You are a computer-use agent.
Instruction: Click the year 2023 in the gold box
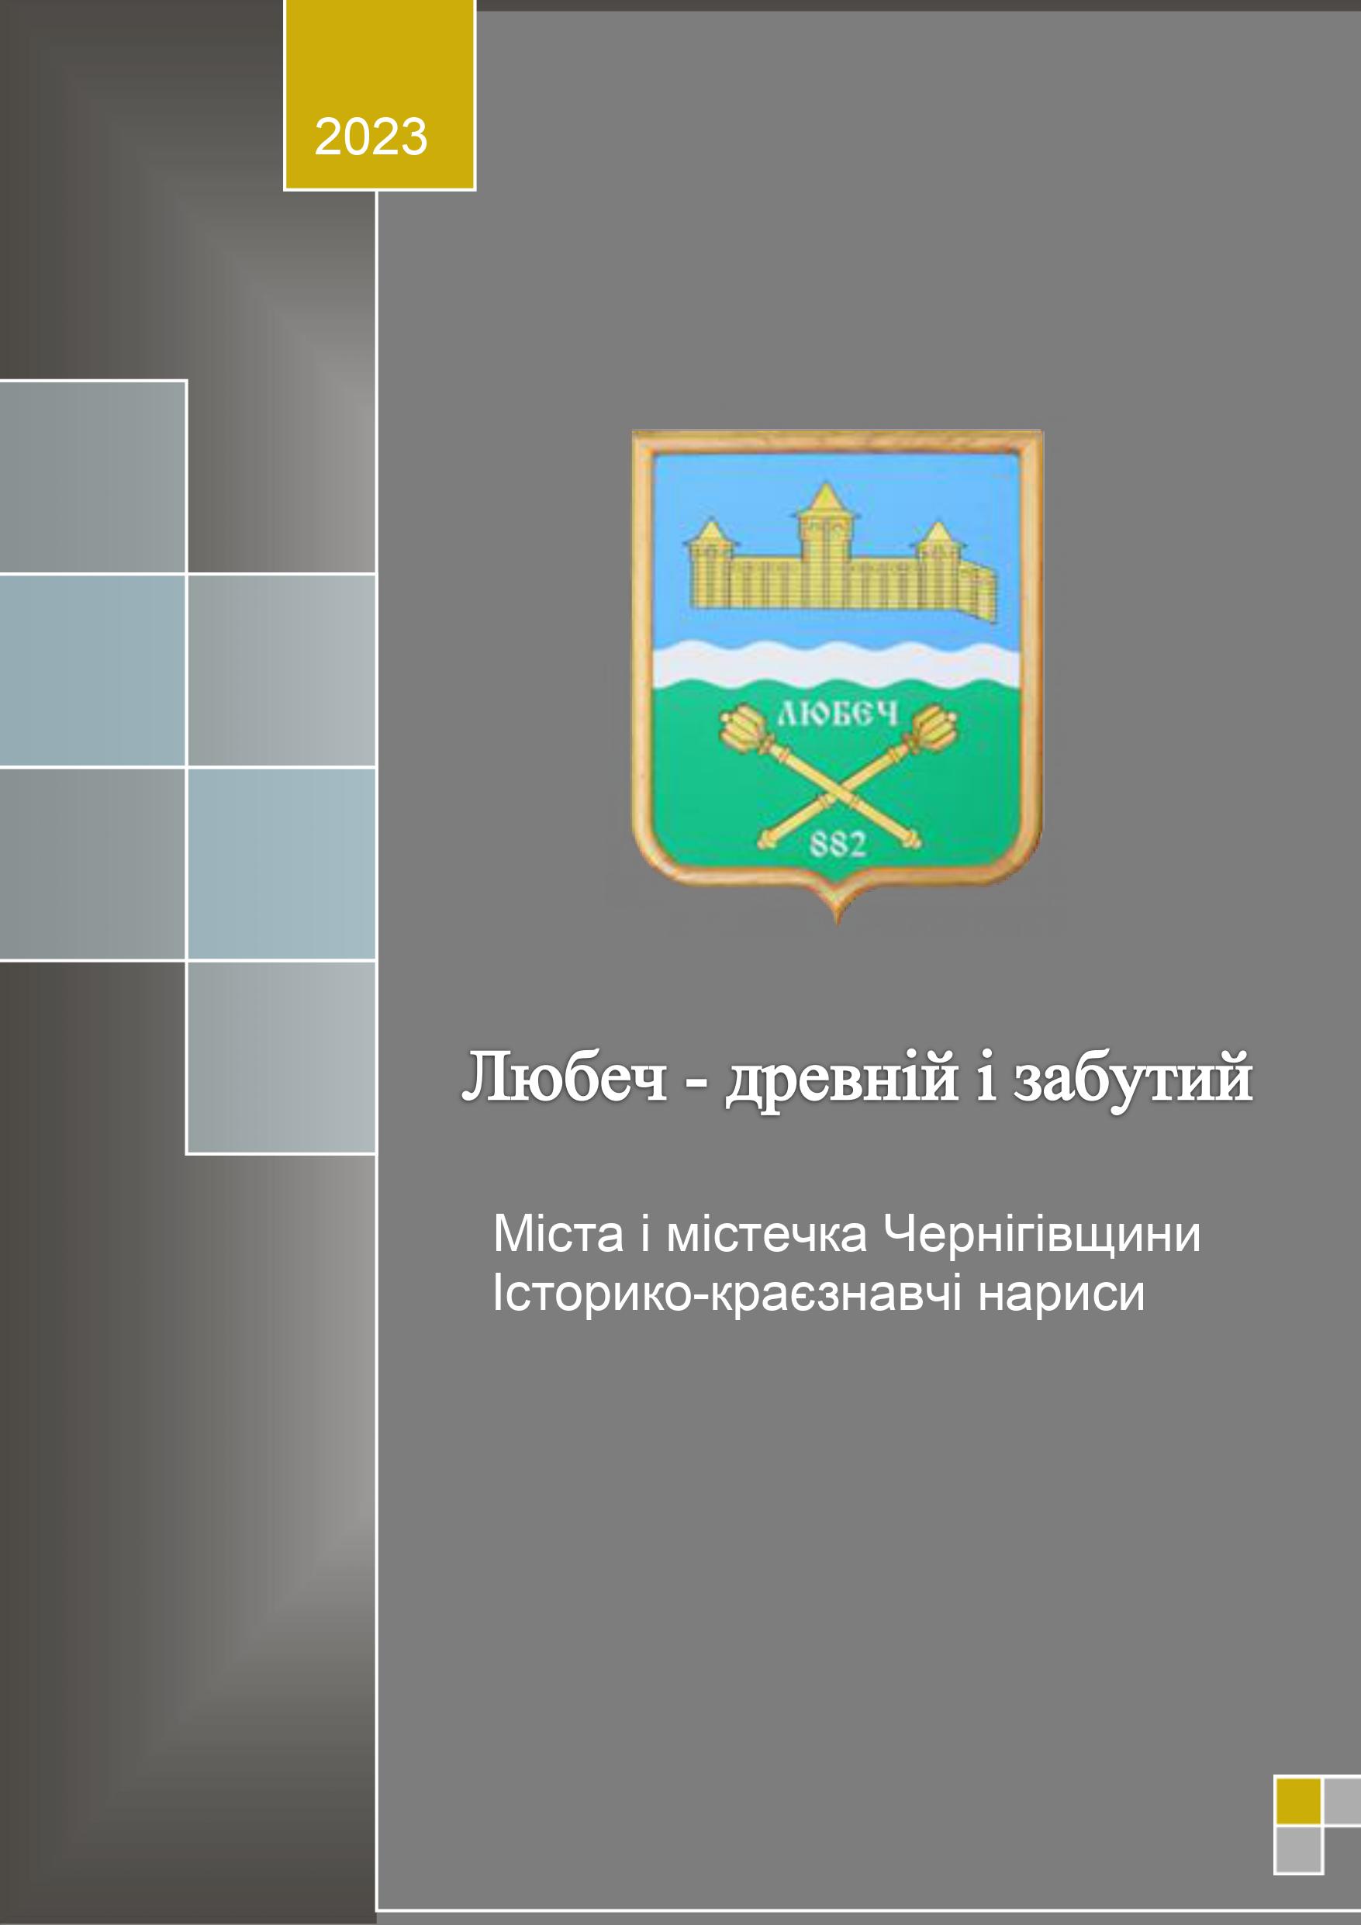tap(371, 137)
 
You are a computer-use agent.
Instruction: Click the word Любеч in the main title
tap(565, 1078)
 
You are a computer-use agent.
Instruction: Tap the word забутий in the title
tap(1133, 1080)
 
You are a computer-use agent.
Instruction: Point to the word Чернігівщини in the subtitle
tap(1042, 1235)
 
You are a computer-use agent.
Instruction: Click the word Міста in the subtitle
tap(558, 1234)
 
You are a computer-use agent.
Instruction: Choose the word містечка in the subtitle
tap(766, 1234)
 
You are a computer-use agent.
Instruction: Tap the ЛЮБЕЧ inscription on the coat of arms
tap(838, 714)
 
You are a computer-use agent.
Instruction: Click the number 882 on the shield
tap(837, 843)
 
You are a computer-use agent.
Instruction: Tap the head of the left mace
tap(743, 727)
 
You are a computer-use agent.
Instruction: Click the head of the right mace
tap(931, 727)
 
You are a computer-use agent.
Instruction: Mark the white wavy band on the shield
tap(836, 664)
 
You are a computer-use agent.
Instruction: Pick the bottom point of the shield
tap(838, 923)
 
